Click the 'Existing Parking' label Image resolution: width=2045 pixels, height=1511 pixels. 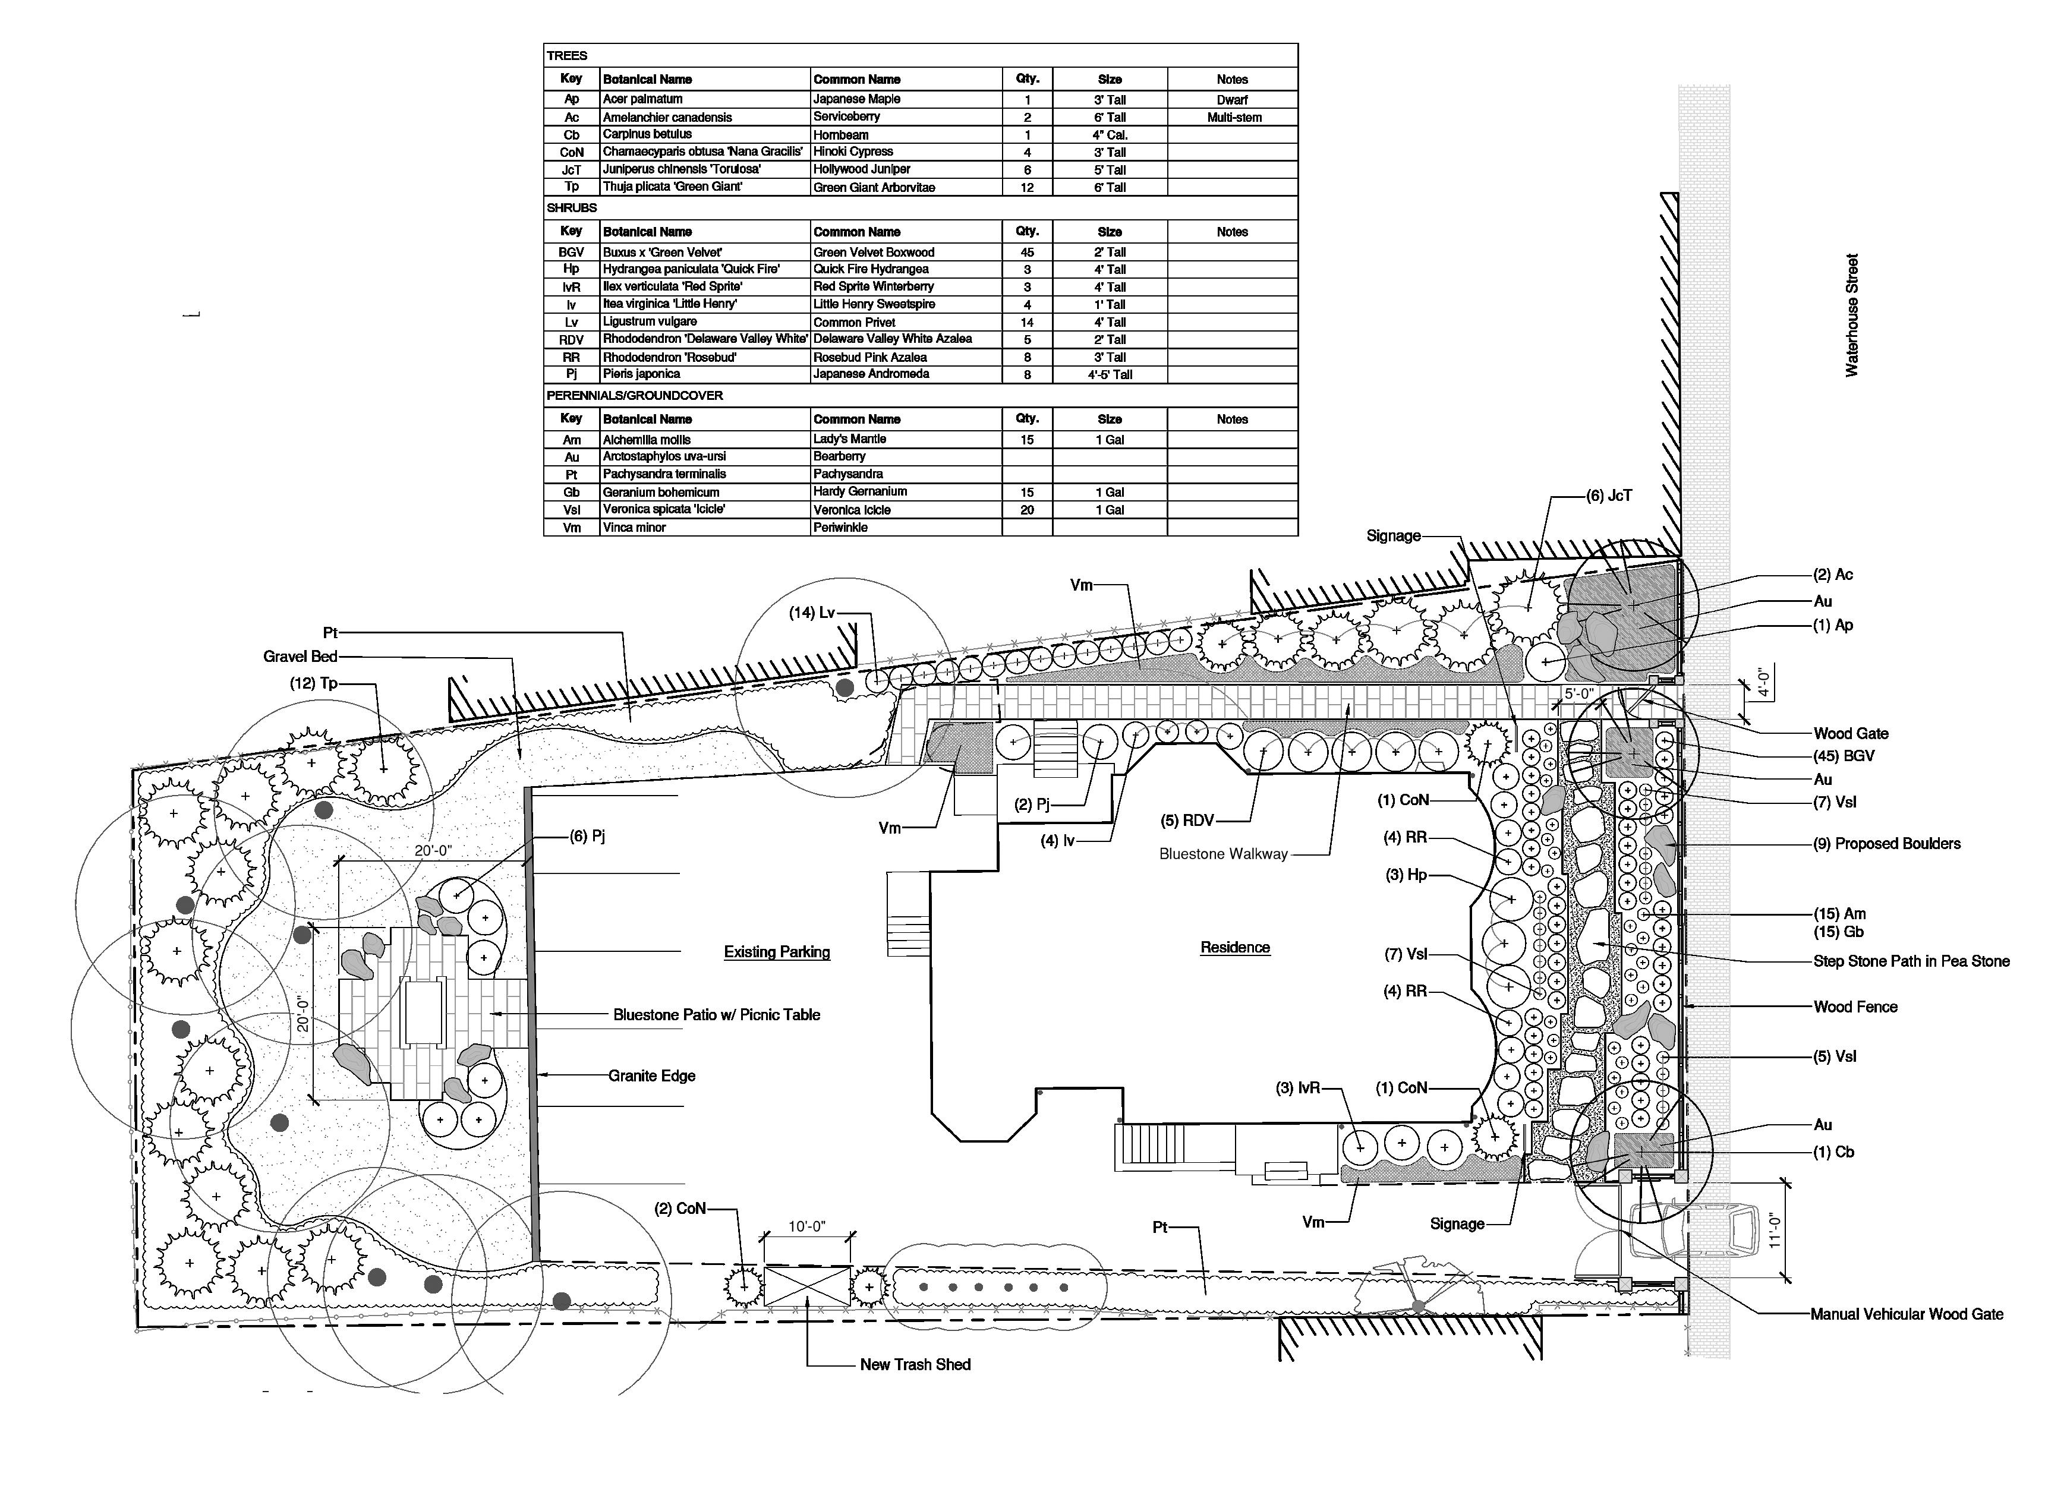tap(777, 951)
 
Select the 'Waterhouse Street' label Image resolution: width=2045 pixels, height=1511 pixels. tap(1852, 316)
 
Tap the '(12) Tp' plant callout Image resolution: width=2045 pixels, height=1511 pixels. tap(314, 683)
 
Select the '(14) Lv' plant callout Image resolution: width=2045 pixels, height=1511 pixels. tap(812, 612)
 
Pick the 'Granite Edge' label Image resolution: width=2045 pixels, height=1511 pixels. tap(652, 1075)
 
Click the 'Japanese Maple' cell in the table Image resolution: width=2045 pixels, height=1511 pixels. tap(857, 99)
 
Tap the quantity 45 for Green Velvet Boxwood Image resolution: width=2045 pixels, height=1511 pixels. tap(1027, 251)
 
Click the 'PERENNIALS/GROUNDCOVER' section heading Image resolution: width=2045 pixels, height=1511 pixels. tap(635, 395)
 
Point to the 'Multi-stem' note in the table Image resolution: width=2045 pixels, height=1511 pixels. tap(1234, 117)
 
